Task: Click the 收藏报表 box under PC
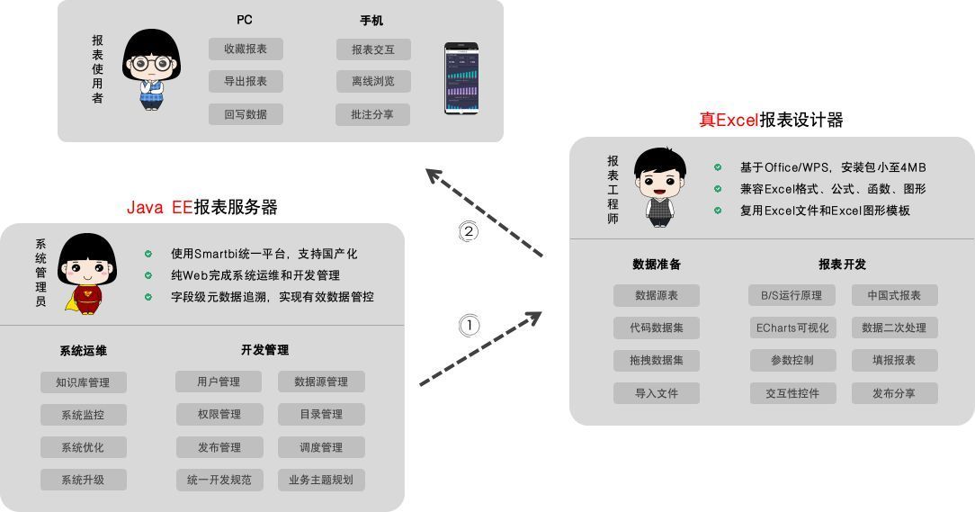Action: (246, 49)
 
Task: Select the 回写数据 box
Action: (246, 114)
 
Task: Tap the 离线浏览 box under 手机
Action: (373, 82)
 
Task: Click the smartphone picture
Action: (461, 79)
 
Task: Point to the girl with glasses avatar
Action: (150, 68)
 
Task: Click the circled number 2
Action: (469, 231)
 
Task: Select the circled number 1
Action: (470, 326)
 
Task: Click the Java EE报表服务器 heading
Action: (202, 207)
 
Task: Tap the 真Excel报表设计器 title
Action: (771, 120)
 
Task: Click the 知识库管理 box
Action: (83, 382)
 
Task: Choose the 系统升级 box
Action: (83, 481)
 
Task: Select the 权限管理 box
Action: (219, 415)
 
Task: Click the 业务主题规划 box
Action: (321, 481)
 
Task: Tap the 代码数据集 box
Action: (657, 328)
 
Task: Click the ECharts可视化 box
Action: (792, 328)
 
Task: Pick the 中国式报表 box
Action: (894, 295)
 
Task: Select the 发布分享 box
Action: (894, 393)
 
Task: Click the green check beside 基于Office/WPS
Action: (718, 167)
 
